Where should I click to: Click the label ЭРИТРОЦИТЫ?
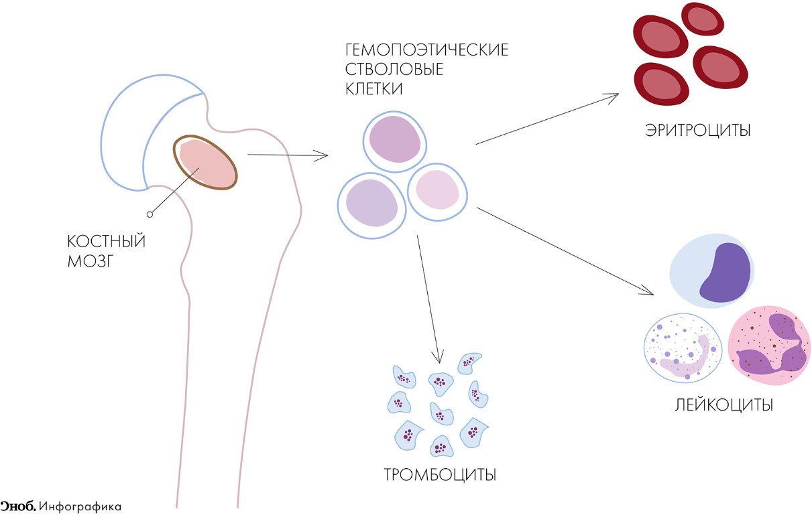(697, 130)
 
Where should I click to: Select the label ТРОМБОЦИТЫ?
(440, 475)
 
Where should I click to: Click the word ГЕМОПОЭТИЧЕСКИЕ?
(426, 51)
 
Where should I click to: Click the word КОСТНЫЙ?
(107, 242)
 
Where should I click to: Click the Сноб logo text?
(17, 506)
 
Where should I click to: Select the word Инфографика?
(80, 506)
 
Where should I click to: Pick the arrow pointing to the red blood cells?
(546, 119)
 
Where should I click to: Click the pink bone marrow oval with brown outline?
(206, 163)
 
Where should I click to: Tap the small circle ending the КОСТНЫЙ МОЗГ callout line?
(150, 214)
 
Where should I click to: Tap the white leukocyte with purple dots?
(683, 348)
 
